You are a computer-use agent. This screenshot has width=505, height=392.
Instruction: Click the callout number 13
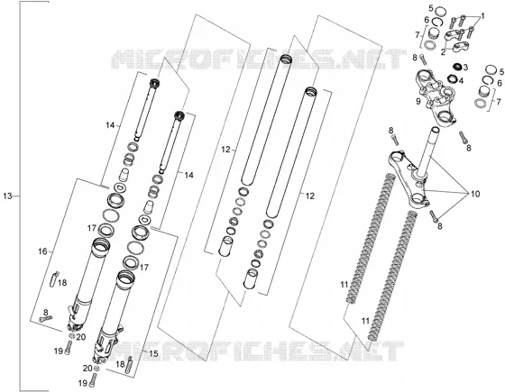[7, 196]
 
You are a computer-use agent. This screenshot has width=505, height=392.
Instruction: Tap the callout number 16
[42, 251]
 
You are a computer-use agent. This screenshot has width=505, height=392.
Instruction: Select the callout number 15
[153, 353]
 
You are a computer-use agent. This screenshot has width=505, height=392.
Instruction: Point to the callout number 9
[418, 101]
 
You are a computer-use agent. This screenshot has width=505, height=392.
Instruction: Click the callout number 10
[475, 194]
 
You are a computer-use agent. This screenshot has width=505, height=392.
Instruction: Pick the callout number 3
[465, 68]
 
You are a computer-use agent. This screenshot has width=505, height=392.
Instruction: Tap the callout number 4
[461, 80]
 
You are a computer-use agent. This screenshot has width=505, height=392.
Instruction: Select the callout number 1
[482, 16]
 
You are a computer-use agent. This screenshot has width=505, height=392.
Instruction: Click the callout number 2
[443, 52]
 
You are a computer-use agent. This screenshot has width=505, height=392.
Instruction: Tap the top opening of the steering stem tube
[435, 130]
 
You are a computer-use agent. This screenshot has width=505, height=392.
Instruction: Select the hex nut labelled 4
[452, 78]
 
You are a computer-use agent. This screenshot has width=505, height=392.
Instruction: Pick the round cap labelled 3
[456, 67]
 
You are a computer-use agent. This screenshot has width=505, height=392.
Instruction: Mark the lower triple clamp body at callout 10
[409, 180]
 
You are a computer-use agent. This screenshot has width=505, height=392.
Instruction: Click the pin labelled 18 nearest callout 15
[129, 365]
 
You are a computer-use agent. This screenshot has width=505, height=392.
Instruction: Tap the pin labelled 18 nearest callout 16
[55, 278]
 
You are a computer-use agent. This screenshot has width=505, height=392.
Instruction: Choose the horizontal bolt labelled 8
[45, 319]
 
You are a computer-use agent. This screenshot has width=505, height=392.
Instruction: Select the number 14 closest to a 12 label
[188, 175]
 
